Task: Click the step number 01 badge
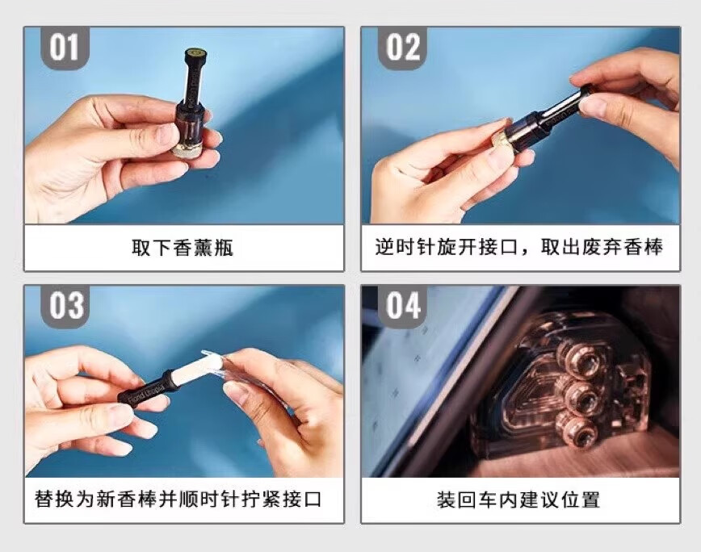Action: click(x=65, y=48)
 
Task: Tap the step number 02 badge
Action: click(x=402, y=48)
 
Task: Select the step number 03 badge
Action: click(x=65, y=306)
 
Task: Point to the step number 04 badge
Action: click(x=402, y=306)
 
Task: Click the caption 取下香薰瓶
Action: click(x=183, y=248)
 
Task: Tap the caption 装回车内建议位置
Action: click(x=518, y=500)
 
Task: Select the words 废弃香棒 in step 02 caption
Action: click(x=623, y=247)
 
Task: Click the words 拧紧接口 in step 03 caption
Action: click(x=281, y=499)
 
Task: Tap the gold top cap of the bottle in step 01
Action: click(x=195, y=53)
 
